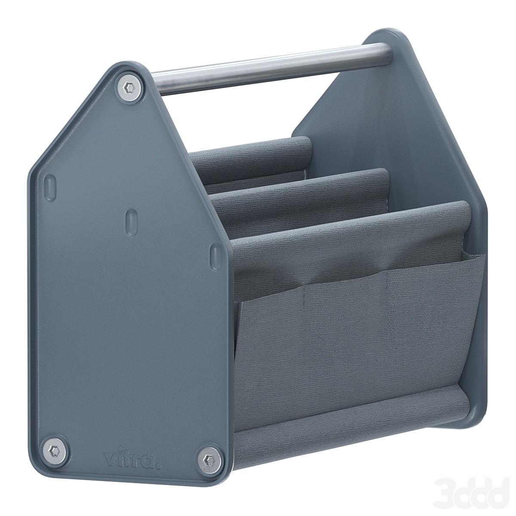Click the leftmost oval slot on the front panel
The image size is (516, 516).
pyautogui.click(x=51, y=184)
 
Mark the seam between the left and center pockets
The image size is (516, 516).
pyautogui.click(x=304, y=301)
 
